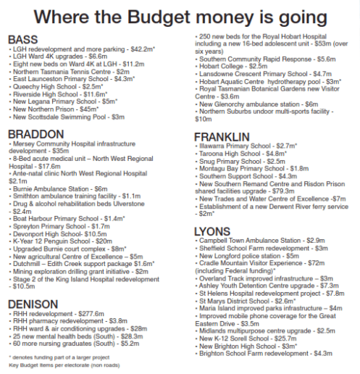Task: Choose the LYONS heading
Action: (x=212, y=231)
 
